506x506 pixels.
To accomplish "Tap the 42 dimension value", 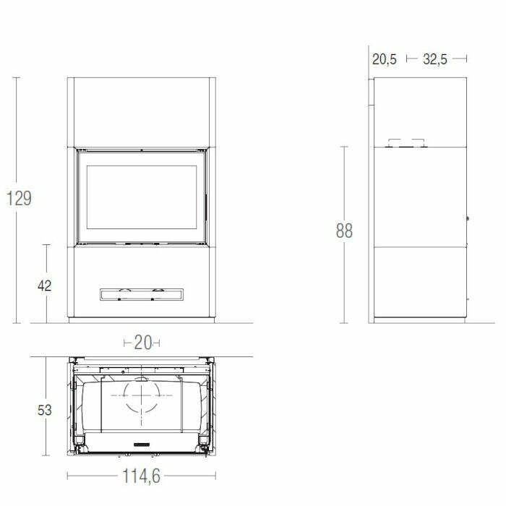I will (45, 286).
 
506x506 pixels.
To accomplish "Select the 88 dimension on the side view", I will (344, 231).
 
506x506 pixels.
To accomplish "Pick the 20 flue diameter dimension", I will (142, 343).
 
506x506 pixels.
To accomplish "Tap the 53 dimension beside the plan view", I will (45, 411).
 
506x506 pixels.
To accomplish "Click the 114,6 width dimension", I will (142, 476).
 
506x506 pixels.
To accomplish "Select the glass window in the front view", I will (142, 194).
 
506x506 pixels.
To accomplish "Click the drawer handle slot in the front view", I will (142, 294).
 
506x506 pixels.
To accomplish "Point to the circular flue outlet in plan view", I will (142, 397).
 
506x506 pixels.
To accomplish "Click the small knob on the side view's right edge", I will (468, 218).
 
